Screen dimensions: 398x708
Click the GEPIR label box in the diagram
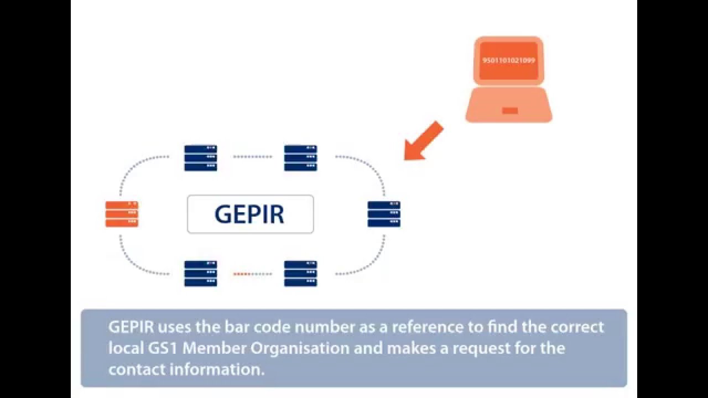pyautogui.click(x=250, y=214)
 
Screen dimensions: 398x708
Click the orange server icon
pyautogui.click(x=122, y=214)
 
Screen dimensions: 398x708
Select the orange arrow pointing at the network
pyautogui.click(x=423, y=142)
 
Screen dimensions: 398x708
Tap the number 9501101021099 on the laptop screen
pyautogui.click(x=509, y=60)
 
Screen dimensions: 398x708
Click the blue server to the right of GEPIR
pyautogui.click(x=384, y=214)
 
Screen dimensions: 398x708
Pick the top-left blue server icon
pyautogui.click(x=200, y=158)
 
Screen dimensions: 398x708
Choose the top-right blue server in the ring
pyautogui.click(x=300, y=158)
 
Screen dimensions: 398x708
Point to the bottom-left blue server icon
pyautogui.click(x=200, y=274)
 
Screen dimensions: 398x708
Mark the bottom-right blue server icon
pyautogui.click(x=300, y=274)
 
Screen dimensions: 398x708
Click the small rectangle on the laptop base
pyautogui.click(x=509, y=111)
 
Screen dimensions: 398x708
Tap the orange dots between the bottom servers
pyautogui.click(x=242, y=274)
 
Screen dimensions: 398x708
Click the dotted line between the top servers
pyautogui.click(x=252, y=157)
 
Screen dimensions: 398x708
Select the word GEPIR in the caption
pyautogui.click(x=131, y=327)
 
